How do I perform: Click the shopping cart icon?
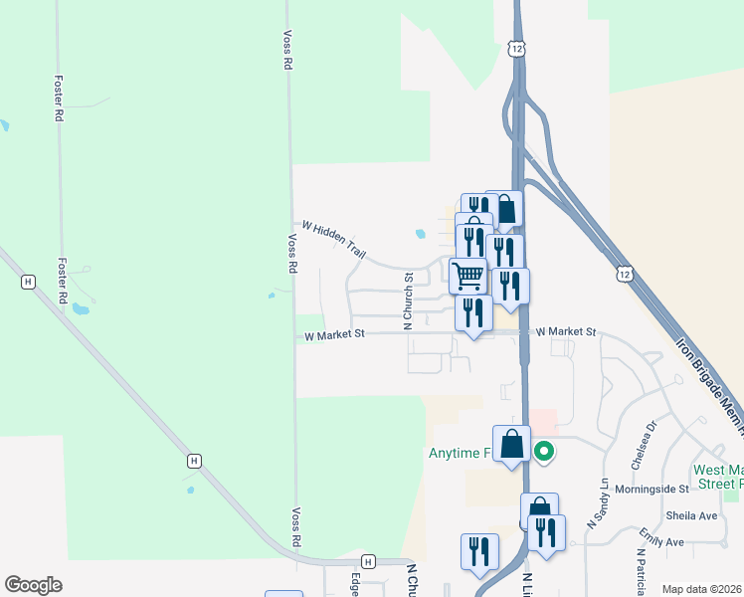467,274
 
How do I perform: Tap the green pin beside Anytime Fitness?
543,453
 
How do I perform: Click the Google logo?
33,585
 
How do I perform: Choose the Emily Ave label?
661,542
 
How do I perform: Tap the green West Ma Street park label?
717,476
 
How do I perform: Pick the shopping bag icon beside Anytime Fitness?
511,444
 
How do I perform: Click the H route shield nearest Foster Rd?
28,283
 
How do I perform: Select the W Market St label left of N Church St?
335,335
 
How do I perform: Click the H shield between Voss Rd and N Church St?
369,560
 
